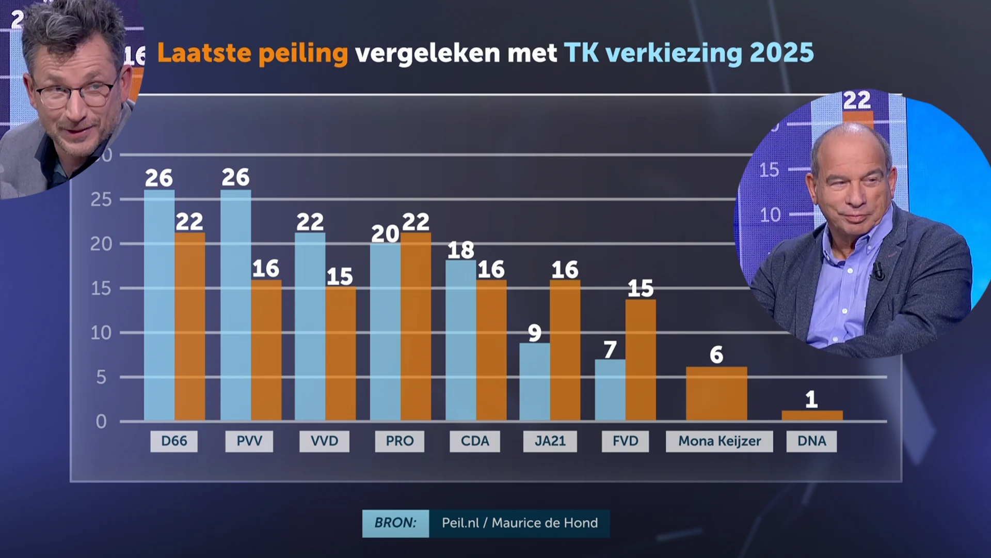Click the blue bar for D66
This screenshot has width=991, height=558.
[x=159, y=305]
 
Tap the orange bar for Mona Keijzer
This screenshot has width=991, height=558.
[x=716, y=394]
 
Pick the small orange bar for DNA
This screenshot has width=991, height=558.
[x=812, y=415]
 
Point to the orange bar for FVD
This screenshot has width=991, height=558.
[x=641, y=360]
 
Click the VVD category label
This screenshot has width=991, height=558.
[x=324, y=441]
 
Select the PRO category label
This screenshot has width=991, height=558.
[x=399, y=441]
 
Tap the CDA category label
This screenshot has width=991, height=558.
[x=475, y=441]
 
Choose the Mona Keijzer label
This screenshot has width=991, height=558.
[x=720, y=441]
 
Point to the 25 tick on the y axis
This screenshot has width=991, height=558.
[x=101, y=199]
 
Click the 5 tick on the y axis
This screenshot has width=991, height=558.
[x=101, y=377]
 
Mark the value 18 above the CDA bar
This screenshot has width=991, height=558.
[x=460, y=251]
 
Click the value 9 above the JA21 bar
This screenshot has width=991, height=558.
[x=535, y=333]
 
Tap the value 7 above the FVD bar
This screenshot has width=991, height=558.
[x=610, y=350]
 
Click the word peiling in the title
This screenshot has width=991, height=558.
[x=303, y=53]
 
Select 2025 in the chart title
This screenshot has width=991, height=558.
[x=781, y=53]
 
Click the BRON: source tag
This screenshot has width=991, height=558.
[x=395, y=523]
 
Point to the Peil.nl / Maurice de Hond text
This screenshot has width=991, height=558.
[x=519, y=523]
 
